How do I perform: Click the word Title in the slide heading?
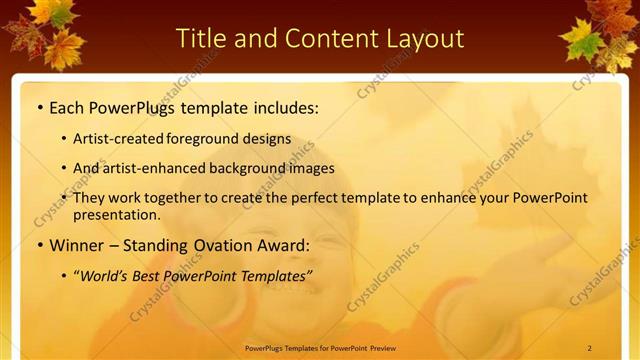(202, 38)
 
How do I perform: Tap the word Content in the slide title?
(330, 38)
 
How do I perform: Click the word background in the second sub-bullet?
(262, 168)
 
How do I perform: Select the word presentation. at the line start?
(116, 214)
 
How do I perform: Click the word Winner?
(77, 246)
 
